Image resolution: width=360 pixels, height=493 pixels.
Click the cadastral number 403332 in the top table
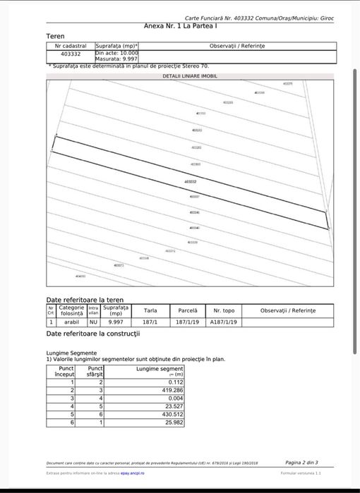click(71, 54)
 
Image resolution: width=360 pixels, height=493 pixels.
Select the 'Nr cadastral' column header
click(70, 45)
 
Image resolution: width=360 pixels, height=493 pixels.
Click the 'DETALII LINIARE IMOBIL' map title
click(190, 75)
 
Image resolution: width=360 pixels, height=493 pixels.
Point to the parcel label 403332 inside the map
click(190, 182)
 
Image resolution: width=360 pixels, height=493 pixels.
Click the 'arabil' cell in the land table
click(71, 322)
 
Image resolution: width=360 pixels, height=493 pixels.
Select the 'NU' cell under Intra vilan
click(93, 322)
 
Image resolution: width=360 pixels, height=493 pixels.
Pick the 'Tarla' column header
click(150, 310)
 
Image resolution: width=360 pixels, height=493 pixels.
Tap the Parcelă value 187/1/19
click(187, 322)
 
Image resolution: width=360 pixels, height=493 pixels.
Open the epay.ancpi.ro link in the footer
click(132, 473)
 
